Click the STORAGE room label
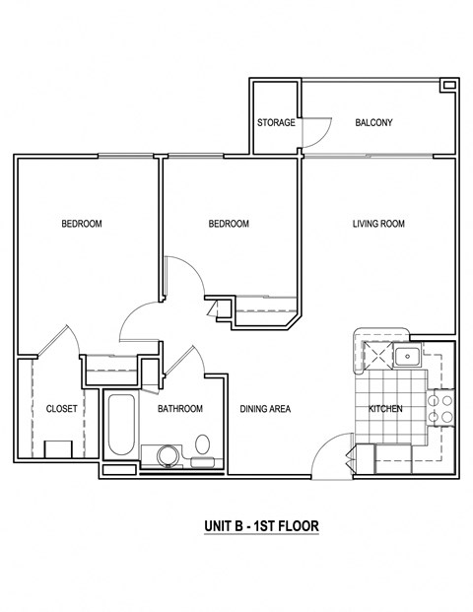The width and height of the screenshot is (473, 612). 276,123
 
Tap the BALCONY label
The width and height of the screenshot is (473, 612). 374,123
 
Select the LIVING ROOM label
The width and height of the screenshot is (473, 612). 378,225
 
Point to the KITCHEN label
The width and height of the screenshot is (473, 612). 385,409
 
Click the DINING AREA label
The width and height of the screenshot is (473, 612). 265,409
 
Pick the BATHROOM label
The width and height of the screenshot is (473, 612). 180,409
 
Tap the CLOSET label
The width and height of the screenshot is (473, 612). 62,409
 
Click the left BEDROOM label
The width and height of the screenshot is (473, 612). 82,225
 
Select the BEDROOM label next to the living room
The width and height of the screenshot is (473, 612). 229,225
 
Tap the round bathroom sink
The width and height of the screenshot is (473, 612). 165,456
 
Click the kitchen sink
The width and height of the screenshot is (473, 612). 409,355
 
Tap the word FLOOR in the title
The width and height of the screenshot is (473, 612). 294,527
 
